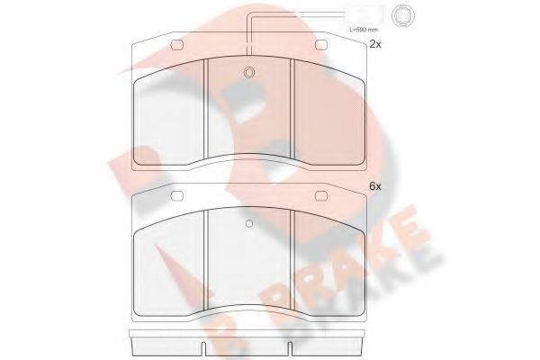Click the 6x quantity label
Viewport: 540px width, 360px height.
[375, 186]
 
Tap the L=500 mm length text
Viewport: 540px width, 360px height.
[364, 30]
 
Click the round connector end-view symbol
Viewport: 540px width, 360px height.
[402, 14]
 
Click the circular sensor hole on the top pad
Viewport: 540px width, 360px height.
[250, 73]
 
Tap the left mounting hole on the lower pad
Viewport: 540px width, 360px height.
[178, 195]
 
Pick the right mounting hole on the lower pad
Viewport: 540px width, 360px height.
[321, 195]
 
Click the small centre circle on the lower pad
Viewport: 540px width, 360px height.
[250, 223]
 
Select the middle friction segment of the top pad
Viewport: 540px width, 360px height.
[250, 112]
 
